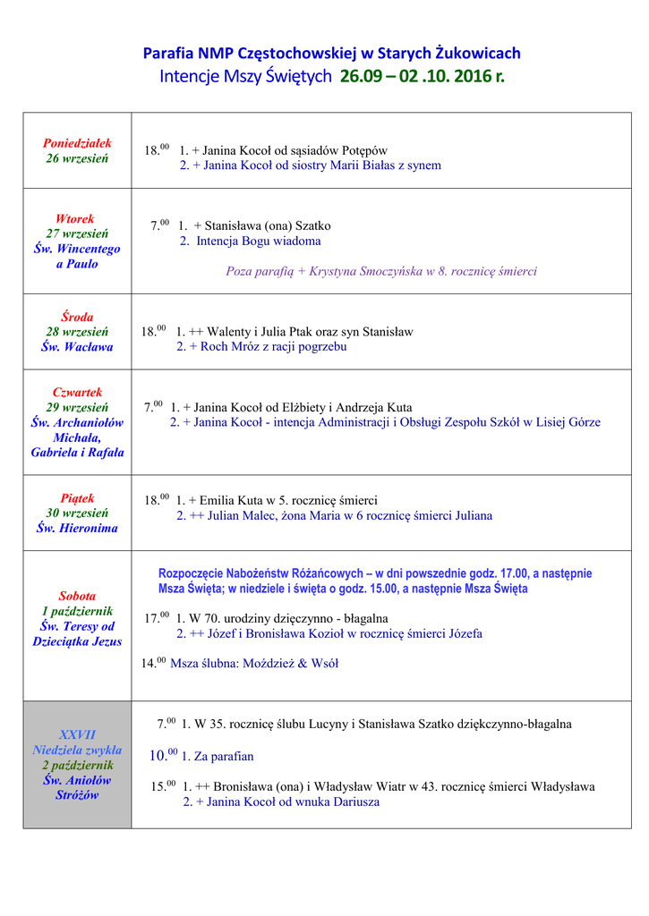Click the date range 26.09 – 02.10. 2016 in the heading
[422, 77]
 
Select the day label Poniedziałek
[77, 143]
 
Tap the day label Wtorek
[75, 218]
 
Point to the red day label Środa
[77, 317]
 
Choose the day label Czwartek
[77, 392]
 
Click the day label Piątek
[77, 498]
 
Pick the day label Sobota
[77, 596]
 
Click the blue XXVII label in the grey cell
[77, 734]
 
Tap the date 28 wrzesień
[77, 332]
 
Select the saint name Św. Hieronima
[77, 528]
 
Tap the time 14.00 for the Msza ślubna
[154, 663]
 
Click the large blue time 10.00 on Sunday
[164, 756]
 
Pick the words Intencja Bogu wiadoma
[259, 241]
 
